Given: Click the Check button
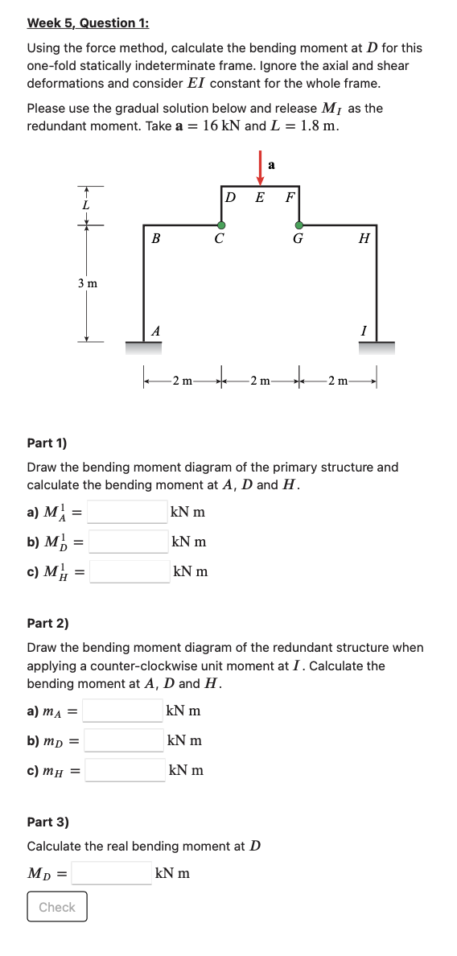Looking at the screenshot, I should click(x=57, y=907).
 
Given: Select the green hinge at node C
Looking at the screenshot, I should click(x=221, y=225).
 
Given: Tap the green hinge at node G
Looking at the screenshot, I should click(x=299, y=225).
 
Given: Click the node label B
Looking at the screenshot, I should click(x=155, y=239).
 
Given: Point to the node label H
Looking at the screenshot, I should click(x=364, y=239).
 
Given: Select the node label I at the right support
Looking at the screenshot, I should click(x=364, y=331).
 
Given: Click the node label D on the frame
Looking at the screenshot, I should click(x=229, y=197).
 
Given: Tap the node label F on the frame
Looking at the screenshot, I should click(x=290, y=197).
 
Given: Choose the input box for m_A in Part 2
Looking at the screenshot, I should click(x=121, y=711).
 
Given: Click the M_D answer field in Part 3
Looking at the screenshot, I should click(x=112, y=872).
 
